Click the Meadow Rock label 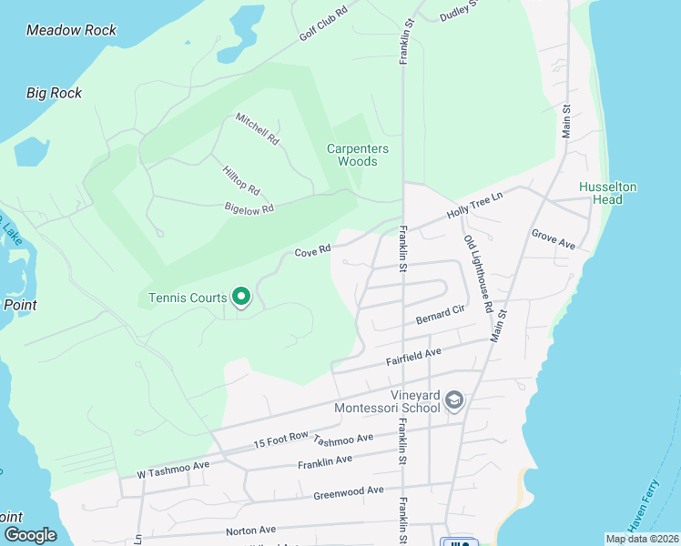[x=71, y=30]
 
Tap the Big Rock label [x=54, y=93]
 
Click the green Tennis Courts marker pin [x=241, y=297]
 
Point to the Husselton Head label [x=607, y=193]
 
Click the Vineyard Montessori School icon [x=455, y=400]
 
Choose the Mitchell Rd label [x=257, y=129]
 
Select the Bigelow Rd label [x=249, y=208]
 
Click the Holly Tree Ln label [x=473, y=206]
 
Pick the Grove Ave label [x=554, y=239]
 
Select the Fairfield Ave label [x=414, y=356]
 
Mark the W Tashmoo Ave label [x=173, y=469]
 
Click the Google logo [x=29, y=535]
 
